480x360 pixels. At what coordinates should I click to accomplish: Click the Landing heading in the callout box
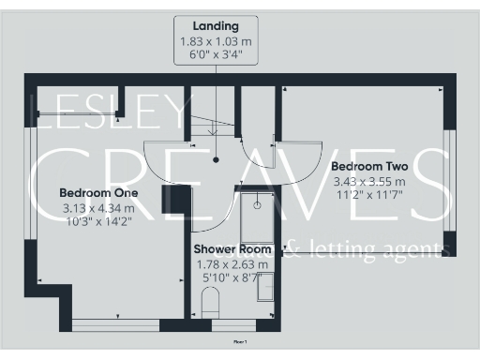tap(216, 26)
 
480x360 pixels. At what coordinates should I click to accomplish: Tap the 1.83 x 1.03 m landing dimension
tap(216, 41)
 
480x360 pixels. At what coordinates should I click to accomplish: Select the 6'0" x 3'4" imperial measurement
tap(216, 54)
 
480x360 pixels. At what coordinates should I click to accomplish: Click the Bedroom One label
tap(98, 193)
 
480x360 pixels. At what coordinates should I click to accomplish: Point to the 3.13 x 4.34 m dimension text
tap(98, 208)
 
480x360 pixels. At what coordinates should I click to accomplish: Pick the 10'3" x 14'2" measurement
tap(98, 222)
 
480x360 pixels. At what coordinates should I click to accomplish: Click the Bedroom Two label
tap(368, 166)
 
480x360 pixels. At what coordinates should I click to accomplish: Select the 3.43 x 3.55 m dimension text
tap(368, 181)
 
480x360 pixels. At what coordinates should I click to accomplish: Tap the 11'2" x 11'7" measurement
tap(368, 195)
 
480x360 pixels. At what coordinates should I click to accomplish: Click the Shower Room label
tap(232, 249)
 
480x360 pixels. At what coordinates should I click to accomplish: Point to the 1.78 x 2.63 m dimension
tap(232, 264)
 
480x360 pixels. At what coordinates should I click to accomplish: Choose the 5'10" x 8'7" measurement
tap(232, 278)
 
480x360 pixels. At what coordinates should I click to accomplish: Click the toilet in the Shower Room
tap(210, 304)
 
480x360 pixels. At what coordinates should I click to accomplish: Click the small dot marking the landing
tap(216, 159)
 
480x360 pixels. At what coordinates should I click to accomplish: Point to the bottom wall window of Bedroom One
tap(114, 324)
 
